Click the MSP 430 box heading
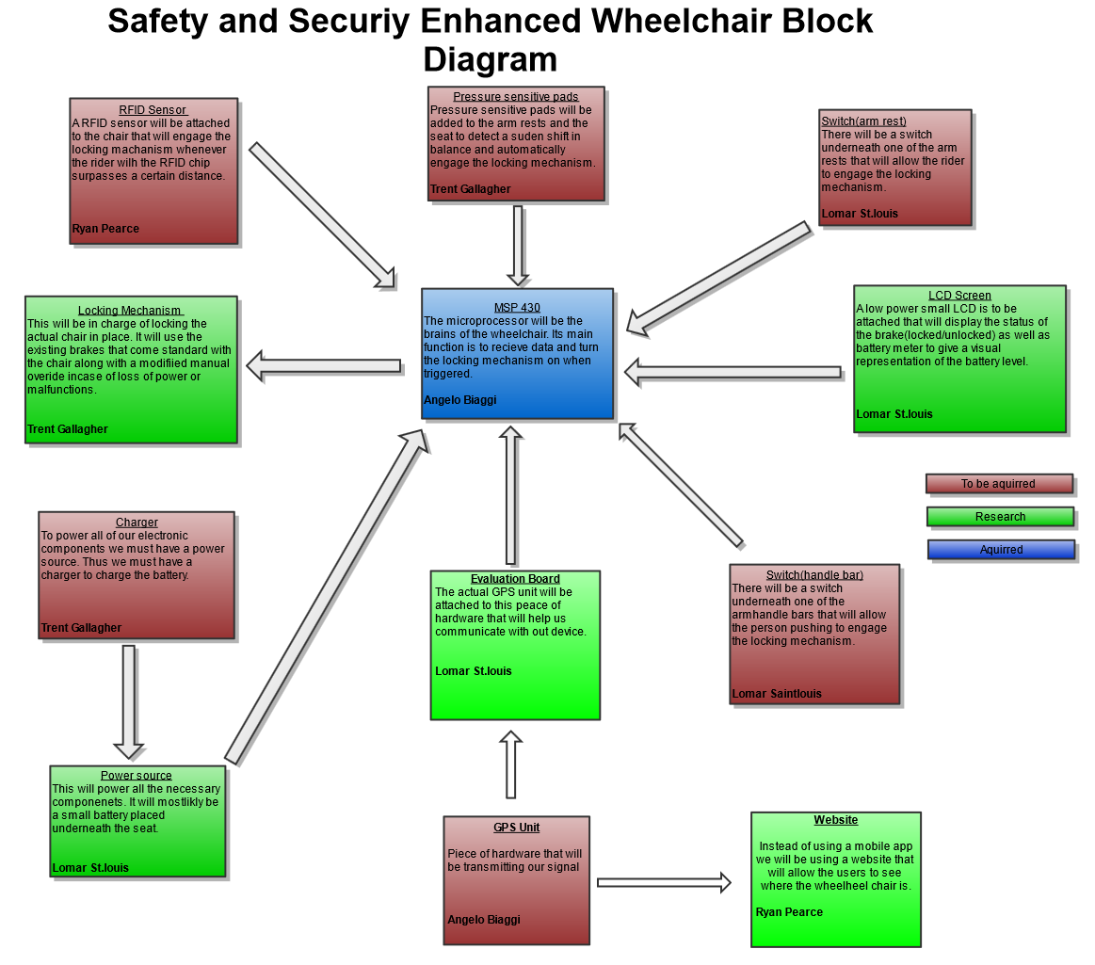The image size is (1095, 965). coord(517,308)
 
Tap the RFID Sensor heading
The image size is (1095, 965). coord(153,110)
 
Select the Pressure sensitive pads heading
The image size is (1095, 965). coord(515,97)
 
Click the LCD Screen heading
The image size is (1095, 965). coord(959,296)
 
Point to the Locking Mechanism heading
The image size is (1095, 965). coord(130,311)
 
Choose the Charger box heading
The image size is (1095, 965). coord(137,523)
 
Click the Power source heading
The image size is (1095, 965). coord(137,776)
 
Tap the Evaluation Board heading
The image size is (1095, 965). coord(515,579)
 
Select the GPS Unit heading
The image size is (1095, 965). coord(517,828)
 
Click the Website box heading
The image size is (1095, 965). coord(836,820)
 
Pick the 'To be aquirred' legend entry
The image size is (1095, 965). coord(999,484)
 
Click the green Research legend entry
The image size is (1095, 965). coord(1000,517)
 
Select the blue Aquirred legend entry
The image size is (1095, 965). coord(1001,550)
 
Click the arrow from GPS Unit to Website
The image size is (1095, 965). coord(664,882)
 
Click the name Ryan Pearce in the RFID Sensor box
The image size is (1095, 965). coord(105,229)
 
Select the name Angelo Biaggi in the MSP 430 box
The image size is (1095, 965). coord(460,400)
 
